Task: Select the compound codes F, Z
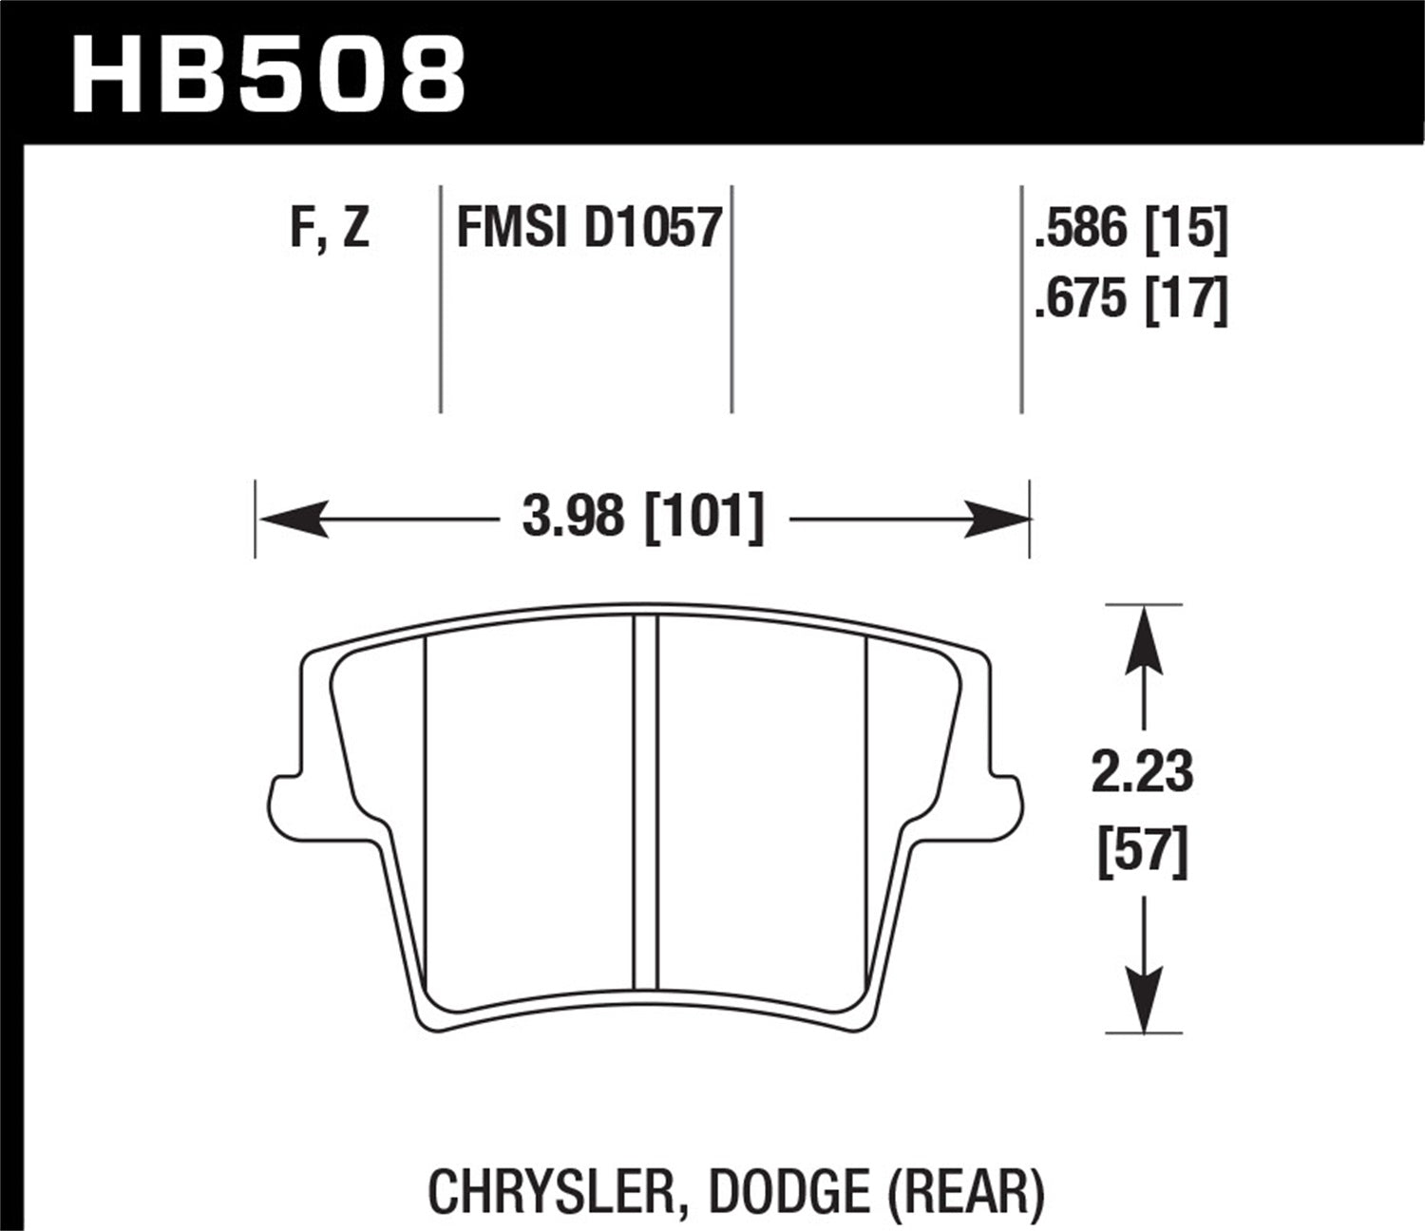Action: (330, 229)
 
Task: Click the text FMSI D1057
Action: (589, 229)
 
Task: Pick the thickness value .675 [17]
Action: (1131, 300)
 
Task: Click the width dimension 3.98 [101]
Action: (643, 519)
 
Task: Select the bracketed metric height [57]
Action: (1142, 851)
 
